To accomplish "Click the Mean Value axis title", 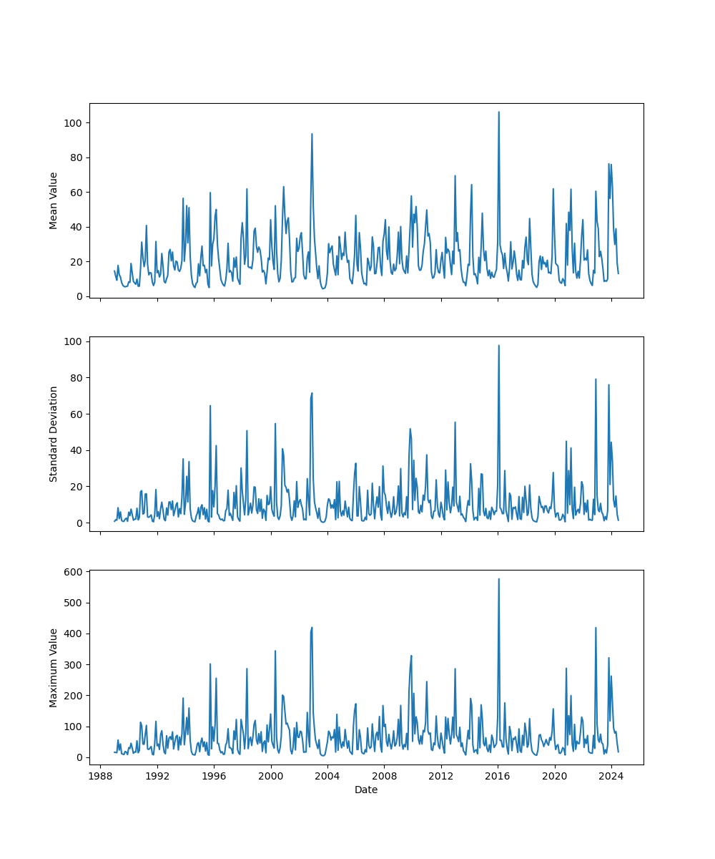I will pos(54,200).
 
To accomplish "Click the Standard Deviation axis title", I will pos(54,434).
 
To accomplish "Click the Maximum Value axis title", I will pos(54,667).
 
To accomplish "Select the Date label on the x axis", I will pos(366,790).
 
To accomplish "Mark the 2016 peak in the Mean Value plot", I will pos(499,112).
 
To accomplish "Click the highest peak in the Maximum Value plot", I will pos(499,579).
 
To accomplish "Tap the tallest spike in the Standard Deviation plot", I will pos(499,346).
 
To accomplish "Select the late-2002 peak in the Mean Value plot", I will pos(312,134).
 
